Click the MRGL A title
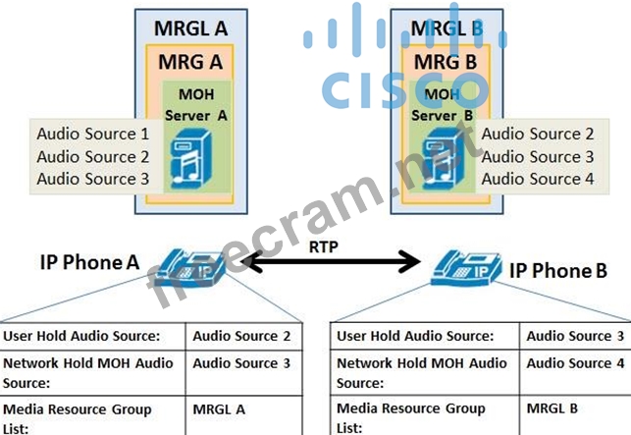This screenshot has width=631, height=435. coord(190,27)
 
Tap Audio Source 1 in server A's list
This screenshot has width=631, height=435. coord(93,133)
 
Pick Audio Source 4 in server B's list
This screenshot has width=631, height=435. coord(537,179)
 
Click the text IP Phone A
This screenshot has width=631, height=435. coord(85,262)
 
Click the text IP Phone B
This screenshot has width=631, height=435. coord(557,269)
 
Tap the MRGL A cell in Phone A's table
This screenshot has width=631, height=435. coord(219,408)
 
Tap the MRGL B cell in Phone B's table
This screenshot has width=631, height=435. coord(552,408)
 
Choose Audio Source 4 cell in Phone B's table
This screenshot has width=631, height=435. coord(575,363)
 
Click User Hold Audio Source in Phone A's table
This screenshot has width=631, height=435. coord(82,336)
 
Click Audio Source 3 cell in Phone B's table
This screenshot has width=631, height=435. coord(575,336)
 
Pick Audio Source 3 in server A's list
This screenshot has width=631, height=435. coord(93,179)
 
